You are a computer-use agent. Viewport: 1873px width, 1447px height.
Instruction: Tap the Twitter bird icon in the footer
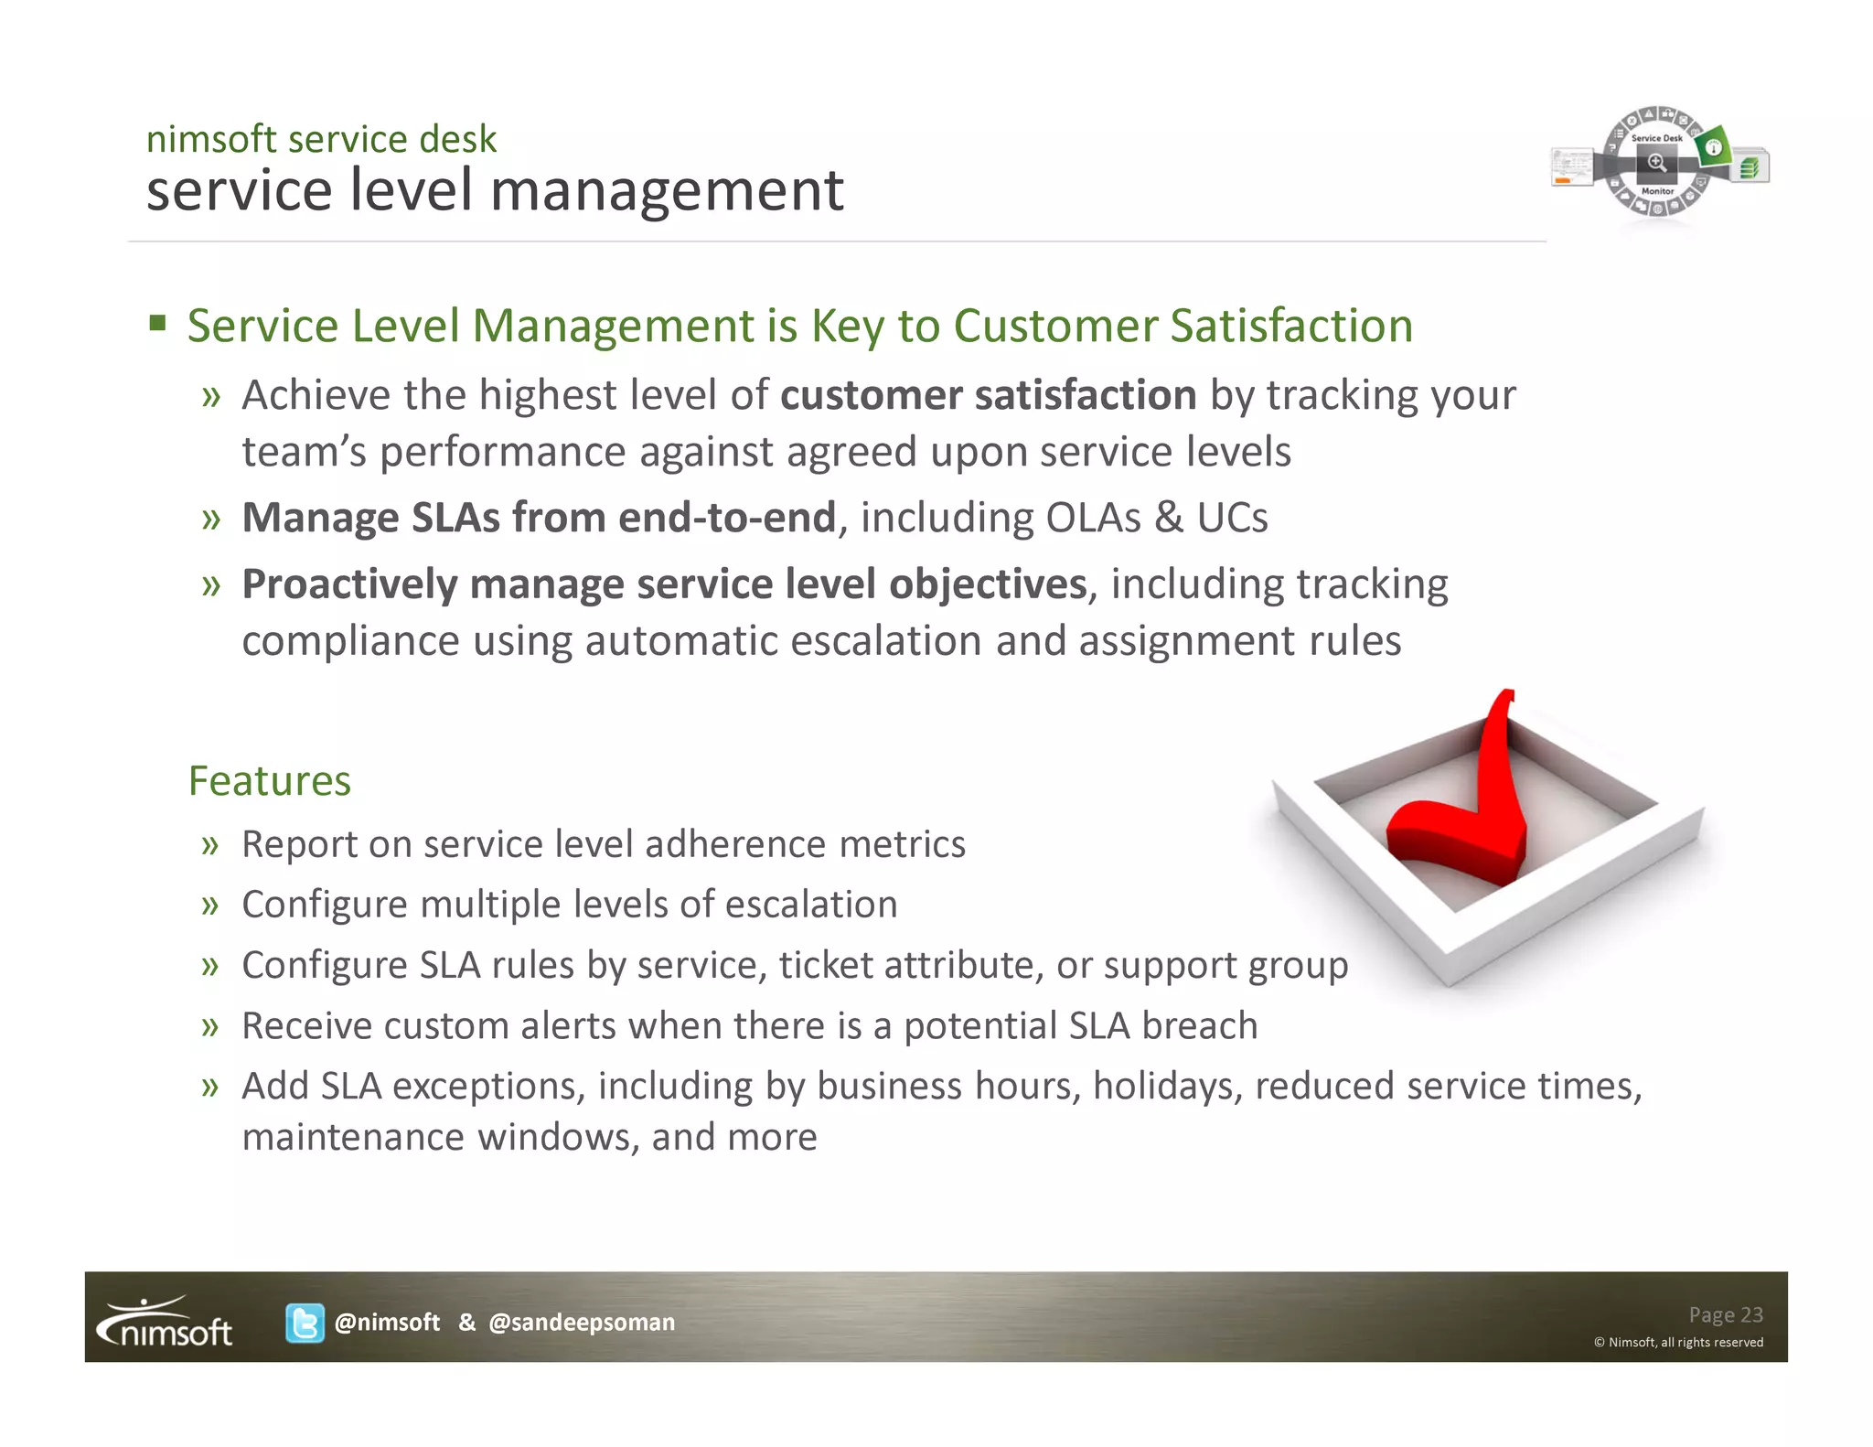[x=304, y=1323]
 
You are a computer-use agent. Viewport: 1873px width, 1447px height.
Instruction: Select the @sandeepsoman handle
[x=582, y=1323]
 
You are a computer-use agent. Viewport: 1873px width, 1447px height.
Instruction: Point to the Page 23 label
[x=1725, y=1314]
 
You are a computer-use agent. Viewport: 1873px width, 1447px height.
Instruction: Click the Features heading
[x=270, y=781]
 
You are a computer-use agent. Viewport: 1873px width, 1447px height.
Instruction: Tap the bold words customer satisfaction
[x=988, y=395]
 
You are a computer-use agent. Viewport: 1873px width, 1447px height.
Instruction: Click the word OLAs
[x=1093, y=518]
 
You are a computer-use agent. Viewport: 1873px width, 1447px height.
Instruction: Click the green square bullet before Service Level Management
[x=158, y=323]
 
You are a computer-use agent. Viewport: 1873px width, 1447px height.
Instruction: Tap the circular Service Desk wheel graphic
[x=1656, y=163]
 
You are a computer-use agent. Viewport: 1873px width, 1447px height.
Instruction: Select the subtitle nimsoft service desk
[x=321, y=139]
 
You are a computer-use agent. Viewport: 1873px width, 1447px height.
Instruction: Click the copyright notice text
[x=1678, y=1342]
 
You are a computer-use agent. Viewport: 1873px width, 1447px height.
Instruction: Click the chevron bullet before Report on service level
[x=210, y=844]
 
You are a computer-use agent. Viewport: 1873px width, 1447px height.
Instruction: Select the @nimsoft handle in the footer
[x=388, y=1323]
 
